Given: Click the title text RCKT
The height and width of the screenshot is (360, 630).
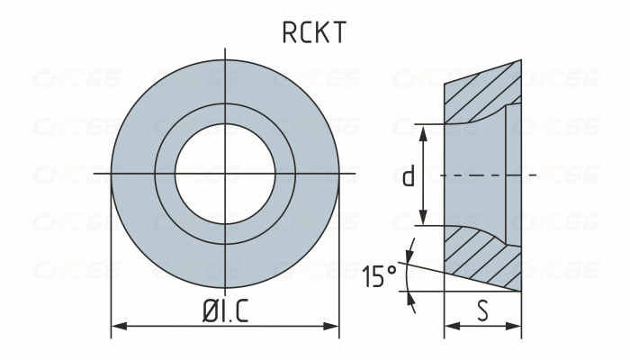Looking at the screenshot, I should [314, 33].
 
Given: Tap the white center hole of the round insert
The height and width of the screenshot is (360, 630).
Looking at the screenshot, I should [224, 171].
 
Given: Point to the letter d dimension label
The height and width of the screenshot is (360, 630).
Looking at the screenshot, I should [408, 175].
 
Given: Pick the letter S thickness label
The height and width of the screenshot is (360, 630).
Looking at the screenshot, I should [482, 311].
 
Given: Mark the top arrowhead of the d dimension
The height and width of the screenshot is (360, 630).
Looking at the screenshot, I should [422, 129].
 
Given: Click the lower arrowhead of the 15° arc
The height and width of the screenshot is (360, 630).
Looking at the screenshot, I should [411, 301].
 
